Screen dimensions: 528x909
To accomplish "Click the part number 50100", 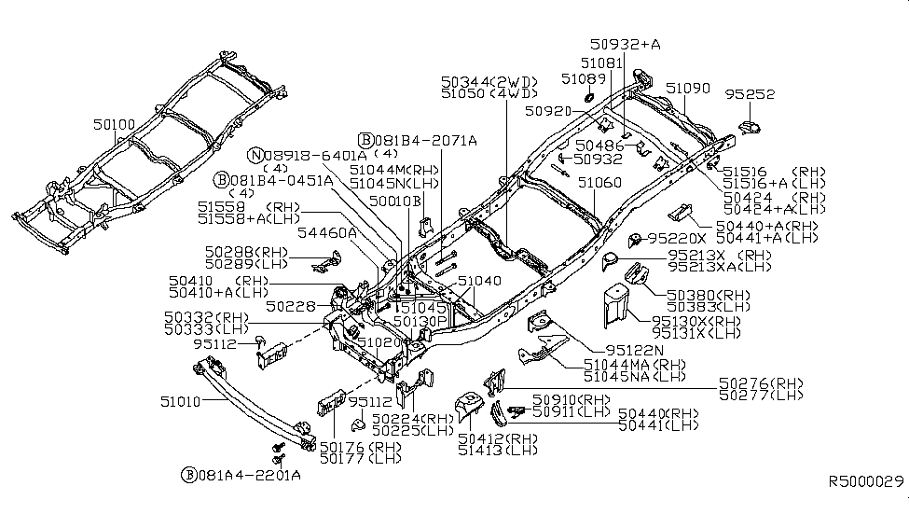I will coord(114,123).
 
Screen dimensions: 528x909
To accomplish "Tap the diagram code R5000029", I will coord(867,482).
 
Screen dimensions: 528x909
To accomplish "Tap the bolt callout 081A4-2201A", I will coord(248,475).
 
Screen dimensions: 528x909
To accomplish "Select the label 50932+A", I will coord(625,44).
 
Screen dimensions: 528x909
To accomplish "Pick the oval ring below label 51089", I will coord(589,97).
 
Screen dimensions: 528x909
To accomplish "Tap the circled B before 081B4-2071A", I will coord(366,139).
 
